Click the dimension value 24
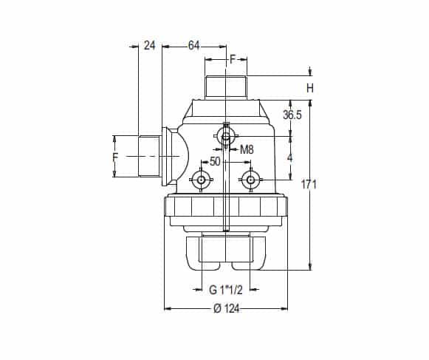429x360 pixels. point(150,46)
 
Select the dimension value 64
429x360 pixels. point(193,46)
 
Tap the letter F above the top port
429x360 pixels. point(233,59)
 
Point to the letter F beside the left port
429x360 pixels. point(116,157)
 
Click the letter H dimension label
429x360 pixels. point(310,88)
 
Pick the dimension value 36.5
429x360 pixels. point(292,115)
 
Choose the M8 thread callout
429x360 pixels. point(247,149)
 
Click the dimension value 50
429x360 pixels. point(215,162)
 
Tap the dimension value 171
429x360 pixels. point(309,184)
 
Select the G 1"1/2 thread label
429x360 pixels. point(226,290)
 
